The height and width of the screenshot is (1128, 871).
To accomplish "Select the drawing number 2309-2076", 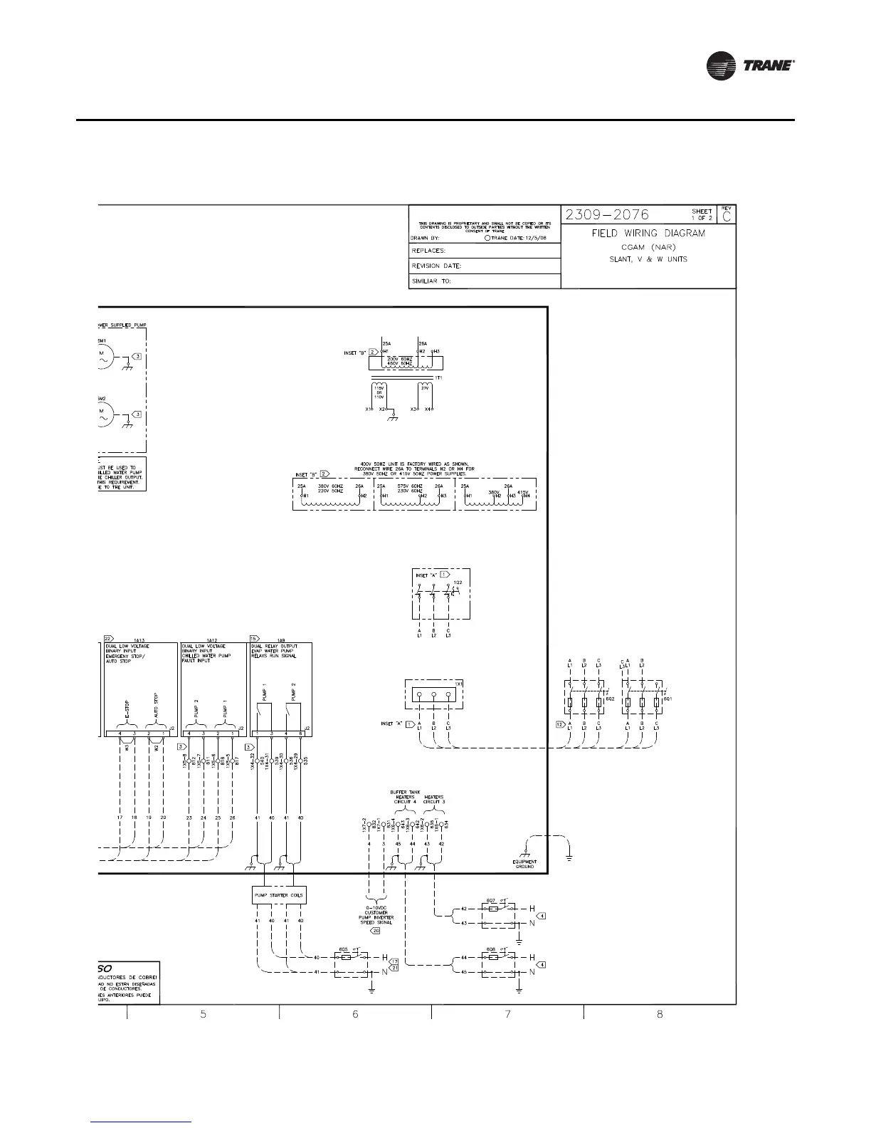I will [606, 214].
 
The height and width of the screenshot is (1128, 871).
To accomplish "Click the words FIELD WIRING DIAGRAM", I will [648, 234].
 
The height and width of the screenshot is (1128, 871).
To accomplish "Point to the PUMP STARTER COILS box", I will [280, 896].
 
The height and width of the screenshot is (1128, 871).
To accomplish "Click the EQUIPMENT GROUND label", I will [524, 864].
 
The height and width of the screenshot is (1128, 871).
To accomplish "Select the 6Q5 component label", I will [343, 949].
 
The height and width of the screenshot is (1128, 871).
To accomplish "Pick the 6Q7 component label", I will [490, 901].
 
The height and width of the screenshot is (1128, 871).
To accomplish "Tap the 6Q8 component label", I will [490, 950].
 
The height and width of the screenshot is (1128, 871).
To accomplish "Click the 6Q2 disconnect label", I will [610, 699].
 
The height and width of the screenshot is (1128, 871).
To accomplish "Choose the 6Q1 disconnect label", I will [667, 699].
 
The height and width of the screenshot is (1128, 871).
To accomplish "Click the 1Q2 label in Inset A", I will [458, 582].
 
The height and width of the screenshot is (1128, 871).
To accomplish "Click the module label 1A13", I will [139, 640].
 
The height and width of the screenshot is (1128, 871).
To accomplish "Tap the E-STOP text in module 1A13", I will [127, 709].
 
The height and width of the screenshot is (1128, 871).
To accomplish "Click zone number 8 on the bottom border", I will [660, 1013].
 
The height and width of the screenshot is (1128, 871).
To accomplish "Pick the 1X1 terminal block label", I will [460, 684].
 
